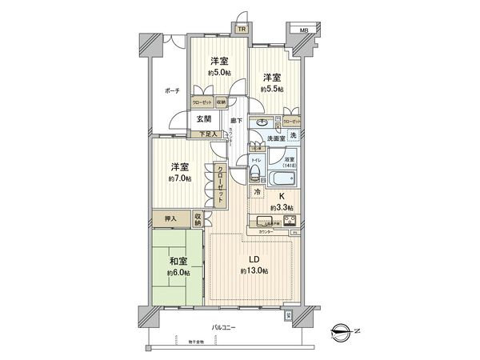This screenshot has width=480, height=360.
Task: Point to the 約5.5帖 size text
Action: pyautogui.click(x=273, y=90)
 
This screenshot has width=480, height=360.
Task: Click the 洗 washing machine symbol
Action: pyautogui.click(x=293, y=136)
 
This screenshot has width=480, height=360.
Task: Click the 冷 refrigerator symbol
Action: pyautogui.click(x=257, y=192)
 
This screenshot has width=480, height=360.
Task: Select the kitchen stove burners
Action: pyautogui.click(x=287, y=221)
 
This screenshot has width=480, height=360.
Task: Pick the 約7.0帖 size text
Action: pyautogui.click(x=178, y=178)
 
